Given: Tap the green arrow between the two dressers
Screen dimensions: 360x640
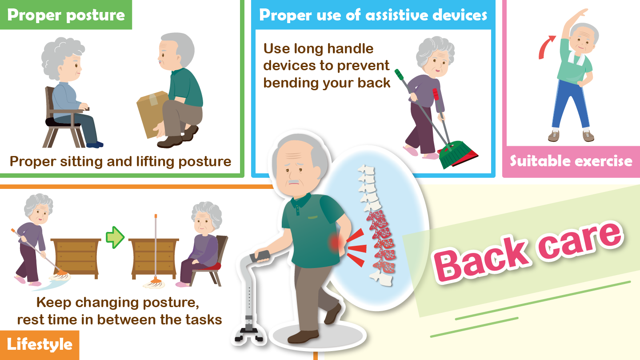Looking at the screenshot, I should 115,237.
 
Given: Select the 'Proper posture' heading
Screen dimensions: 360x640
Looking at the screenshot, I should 66,15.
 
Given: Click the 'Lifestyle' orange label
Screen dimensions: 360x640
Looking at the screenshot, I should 40,344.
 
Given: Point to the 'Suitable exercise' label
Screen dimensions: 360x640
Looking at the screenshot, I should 571,160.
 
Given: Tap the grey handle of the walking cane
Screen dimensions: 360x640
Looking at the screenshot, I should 261,256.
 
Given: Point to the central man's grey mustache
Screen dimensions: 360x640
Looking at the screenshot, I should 294,182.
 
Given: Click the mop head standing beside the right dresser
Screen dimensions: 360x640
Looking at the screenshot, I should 156,283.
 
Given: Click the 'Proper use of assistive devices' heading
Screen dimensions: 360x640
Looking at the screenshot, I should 373,15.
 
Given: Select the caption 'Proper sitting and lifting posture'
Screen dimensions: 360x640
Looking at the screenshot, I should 120,161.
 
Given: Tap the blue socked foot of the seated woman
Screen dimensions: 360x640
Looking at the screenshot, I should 95,144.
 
